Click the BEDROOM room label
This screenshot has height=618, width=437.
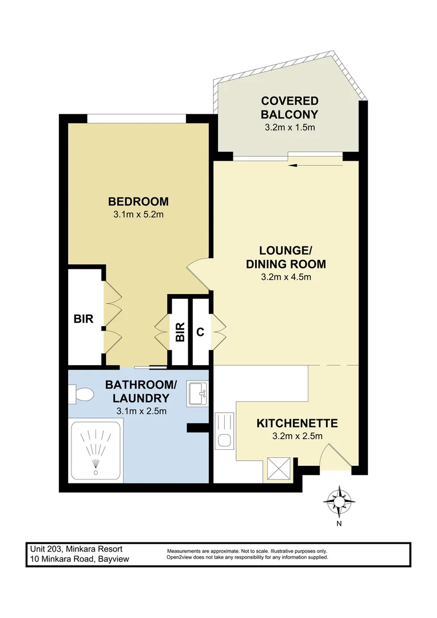coord(138,201)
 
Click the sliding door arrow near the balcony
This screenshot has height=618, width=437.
coord(315,166)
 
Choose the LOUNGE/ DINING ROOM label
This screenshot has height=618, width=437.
coord(285,257)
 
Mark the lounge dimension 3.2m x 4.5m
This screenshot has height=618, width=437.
coord(285,278)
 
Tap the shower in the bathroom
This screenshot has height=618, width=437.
coord(96,451)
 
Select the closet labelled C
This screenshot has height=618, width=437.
coord(200,332)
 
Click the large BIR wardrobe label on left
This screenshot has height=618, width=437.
coord(84,319)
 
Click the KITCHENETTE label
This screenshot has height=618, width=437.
coord(297,423)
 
